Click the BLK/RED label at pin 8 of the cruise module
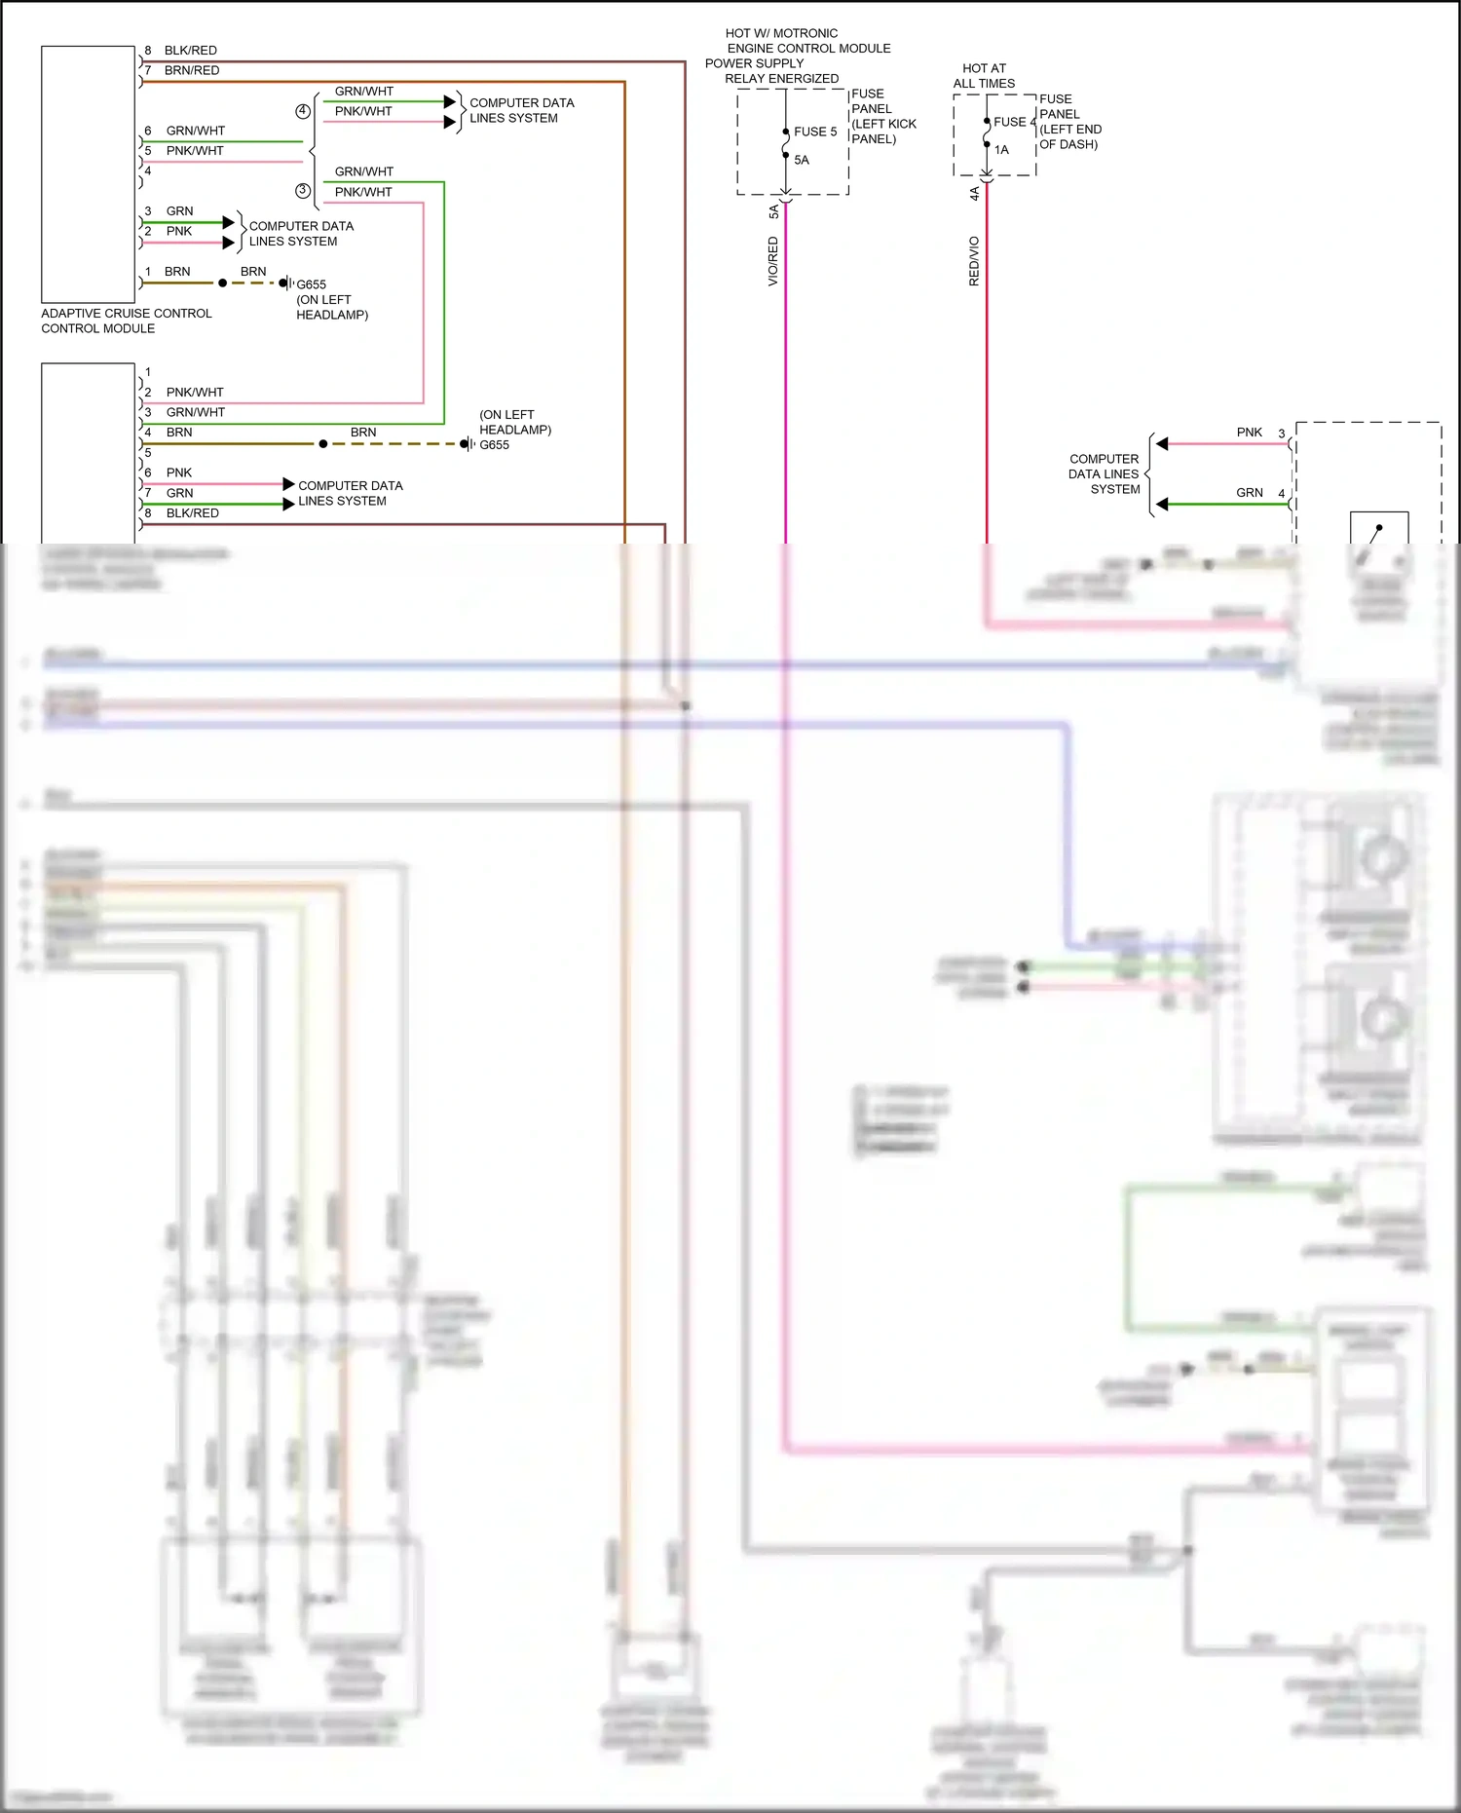[x=190, y=51]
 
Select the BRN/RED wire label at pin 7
[x=192, y=70]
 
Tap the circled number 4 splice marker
[x=303, y=111]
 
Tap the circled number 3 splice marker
[x=303, y=191]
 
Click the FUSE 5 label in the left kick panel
[x=815, y=132]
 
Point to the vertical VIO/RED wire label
[x=773, y=261]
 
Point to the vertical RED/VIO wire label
[x=974, y=261]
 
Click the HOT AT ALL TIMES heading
[x=984, y=76]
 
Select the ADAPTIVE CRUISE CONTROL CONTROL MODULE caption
[x=126, y=321]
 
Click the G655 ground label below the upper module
[x=311, y=284]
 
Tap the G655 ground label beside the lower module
[x=494, y=445]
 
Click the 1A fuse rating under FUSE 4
[x=1001, y=150]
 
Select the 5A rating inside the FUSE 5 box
[x=802, y=160]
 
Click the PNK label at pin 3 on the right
[x=1249, y=433]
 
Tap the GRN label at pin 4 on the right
[x=1249, y=493]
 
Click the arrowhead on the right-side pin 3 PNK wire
[x=1162, y=444]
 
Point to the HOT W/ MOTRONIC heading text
[x=781, y=33]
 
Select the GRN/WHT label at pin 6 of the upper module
[x=195, y=131]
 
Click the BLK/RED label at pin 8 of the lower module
[x=192, y=513]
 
